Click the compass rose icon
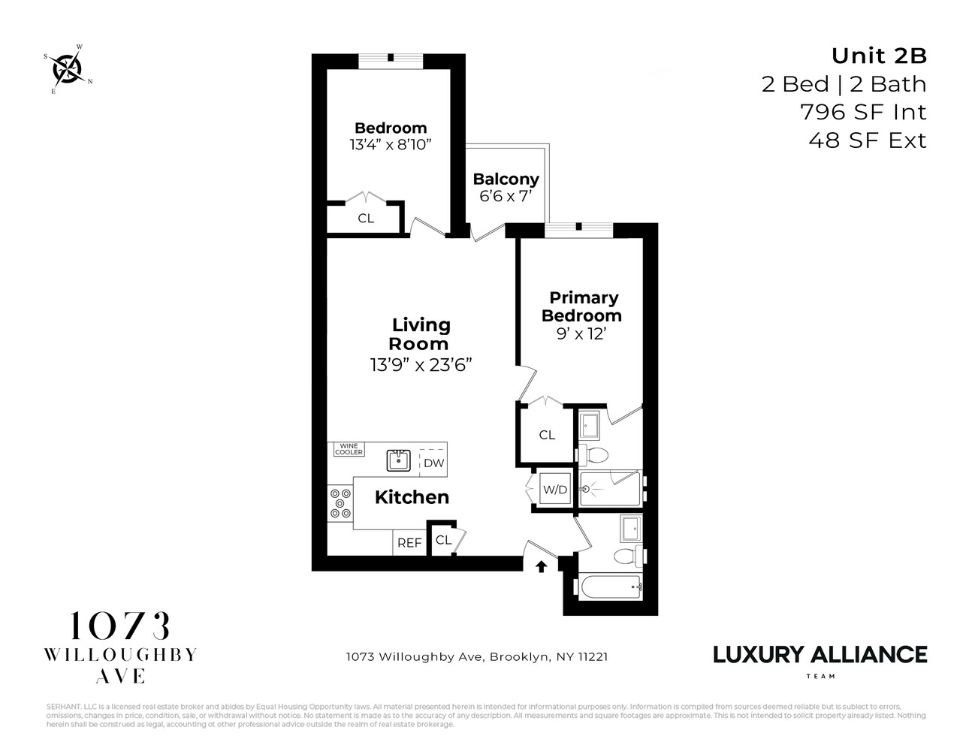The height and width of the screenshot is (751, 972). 68,69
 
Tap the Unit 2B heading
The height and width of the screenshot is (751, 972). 878,56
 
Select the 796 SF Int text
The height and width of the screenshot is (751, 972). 863,112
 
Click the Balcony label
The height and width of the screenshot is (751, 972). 506,179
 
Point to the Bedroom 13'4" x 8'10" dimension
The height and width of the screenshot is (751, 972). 390,144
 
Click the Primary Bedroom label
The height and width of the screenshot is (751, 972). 581,306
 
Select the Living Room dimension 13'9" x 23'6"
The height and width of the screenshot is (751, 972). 421,365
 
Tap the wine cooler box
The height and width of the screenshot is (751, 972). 349,449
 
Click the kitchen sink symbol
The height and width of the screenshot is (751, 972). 398,460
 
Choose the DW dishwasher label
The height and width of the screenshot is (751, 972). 433,463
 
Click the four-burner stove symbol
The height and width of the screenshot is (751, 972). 340,503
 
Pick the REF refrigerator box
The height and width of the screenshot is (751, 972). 409,542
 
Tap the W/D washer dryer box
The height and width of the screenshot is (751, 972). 555,490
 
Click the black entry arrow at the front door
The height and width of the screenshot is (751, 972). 541,566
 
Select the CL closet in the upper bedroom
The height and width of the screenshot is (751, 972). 366,219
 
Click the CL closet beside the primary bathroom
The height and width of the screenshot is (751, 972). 547,435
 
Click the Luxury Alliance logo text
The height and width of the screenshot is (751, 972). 820,654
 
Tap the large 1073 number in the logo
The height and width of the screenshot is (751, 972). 120,626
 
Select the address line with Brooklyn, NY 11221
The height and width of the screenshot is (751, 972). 476,656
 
